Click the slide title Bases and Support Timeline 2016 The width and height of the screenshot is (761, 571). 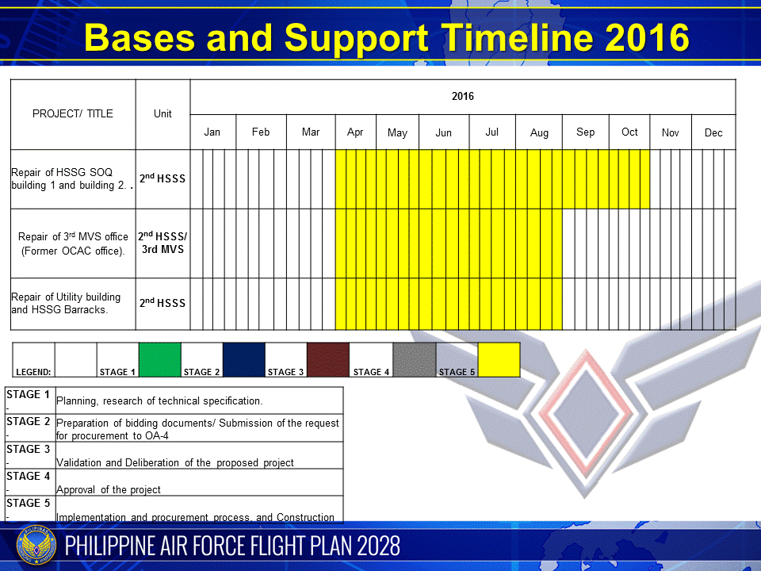386,37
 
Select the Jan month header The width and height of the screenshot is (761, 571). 212,132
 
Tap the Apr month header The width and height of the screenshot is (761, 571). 355,132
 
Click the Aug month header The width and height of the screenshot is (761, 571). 539,133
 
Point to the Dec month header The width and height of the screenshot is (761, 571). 713,133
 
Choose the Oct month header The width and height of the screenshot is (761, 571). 629,132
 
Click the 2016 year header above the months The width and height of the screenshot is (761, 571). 463,97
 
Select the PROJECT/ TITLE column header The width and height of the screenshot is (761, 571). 73,113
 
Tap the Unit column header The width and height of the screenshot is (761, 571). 163,113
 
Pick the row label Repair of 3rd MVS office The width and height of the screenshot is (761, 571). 73,243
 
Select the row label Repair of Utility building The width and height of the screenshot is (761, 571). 67,303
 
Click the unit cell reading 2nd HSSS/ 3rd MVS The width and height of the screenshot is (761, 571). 163,243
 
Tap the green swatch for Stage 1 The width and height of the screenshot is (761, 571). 160,359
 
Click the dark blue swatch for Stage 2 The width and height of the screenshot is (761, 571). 244,359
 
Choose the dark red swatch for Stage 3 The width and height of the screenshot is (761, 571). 327,359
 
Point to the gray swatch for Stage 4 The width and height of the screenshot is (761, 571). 414,359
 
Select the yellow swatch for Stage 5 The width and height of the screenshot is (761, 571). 499,359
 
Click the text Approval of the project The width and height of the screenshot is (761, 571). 109,490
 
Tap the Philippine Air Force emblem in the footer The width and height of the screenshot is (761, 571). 35,546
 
